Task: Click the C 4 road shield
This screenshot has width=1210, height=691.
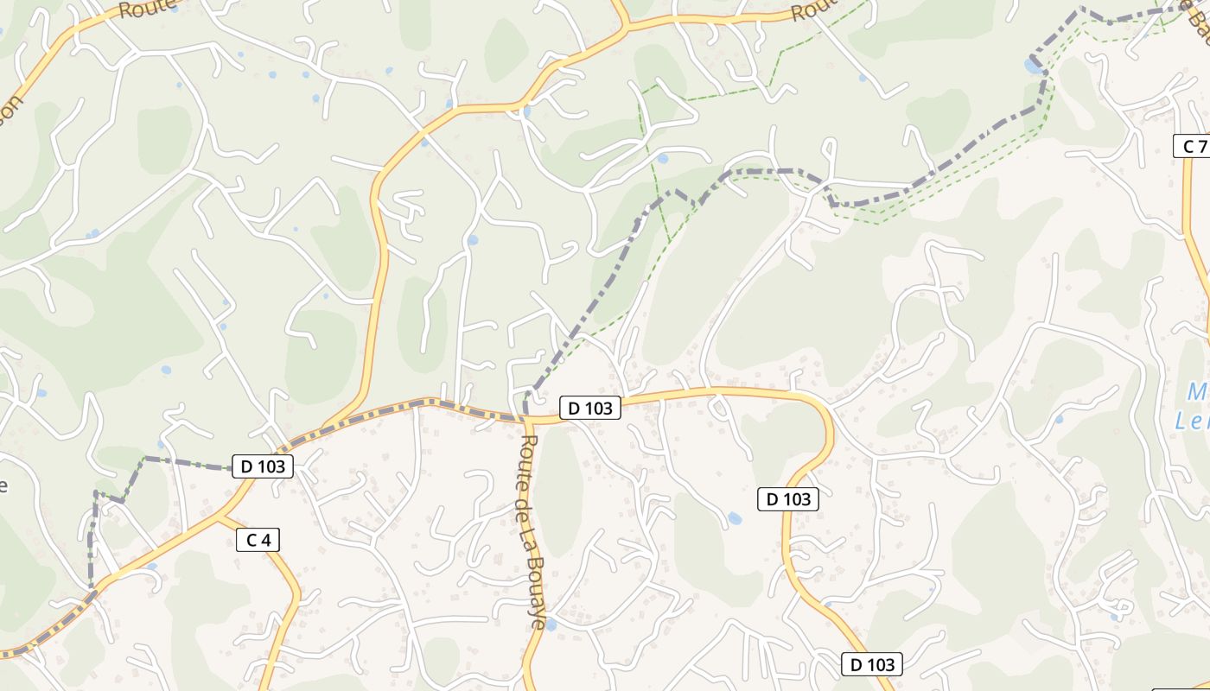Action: [258, 540]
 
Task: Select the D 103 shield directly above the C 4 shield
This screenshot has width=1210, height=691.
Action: [263, 466]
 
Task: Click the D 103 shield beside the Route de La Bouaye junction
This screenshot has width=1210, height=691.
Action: [590, 408]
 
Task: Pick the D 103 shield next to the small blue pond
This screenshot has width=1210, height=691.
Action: [787, 498]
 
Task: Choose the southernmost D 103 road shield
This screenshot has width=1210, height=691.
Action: [872, 664]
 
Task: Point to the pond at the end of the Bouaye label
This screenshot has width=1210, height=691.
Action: [550, 624]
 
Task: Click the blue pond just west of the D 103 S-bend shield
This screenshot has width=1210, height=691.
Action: [734, 518]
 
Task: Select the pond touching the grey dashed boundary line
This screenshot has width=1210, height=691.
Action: [1033, 66]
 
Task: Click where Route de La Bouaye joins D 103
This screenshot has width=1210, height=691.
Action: [525, 421]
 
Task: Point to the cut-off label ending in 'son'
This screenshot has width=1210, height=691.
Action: [10, 108]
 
